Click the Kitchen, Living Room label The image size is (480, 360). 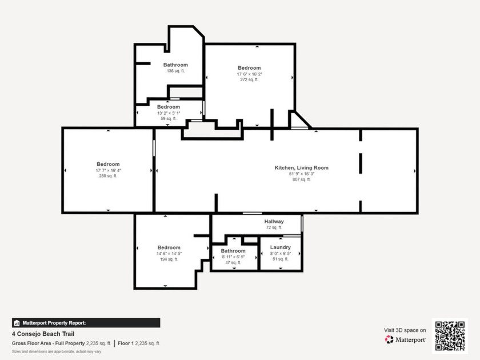point(302,168)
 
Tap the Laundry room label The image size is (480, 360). point(281,247)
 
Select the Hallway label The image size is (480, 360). point(274,221)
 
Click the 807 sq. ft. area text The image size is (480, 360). point(302,179)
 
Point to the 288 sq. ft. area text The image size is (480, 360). point(108,176)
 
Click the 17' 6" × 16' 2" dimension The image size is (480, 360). point(250,74)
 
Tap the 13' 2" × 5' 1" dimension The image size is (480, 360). point(169,113)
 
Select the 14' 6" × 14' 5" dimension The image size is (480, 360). point(169,254)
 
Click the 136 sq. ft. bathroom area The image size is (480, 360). point(176,71)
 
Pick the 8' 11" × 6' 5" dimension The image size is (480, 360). point(233,257)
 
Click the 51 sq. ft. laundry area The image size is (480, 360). point(281,259)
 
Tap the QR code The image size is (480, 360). point(450,336)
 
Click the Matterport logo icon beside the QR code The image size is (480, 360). point(389,339)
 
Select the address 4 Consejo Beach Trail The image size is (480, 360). point(43,334)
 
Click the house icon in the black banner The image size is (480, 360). point(17,323)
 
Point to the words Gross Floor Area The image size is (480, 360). point(31,343)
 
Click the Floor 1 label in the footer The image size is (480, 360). point(126,343)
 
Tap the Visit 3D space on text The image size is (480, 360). point(405,330)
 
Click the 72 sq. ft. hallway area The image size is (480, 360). point(274,227)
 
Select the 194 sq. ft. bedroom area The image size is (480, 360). point(169,259)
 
